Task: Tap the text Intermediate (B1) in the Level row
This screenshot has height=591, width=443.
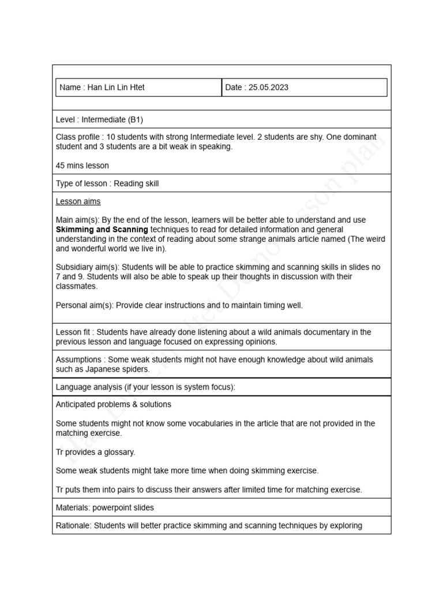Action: (x=112, y=119)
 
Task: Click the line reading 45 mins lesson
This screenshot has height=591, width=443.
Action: (x=82, y=166)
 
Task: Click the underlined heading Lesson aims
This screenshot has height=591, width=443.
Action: (x=78, y=201)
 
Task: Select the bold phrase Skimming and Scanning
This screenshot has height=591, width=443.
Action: (x=102, y=230)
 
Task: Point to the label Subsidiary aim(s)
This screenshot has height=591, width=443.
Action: (x=88, y=267)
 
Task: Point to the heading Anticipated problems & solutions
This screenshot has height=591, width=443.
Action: (x=113, y=405)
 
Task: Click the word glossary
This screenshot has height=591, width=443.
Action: (x=119, y=452)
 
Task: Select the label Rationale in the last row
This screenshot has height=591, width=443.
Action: (x=73, y=526)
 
